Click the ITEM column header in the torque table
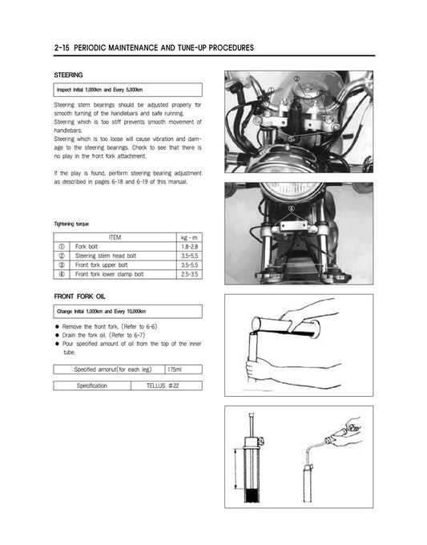coord(115,237)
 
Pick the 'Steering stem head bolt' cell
coord(105,255)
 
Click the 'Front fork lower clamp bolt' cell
coord(110,273)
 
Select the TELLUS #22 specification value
coord(162,386)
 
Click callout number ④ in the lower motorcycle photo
coord(291,207)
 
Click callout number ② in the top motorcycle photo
coord(297,79)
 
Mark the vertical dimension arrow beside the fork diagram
coord(236,474)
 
